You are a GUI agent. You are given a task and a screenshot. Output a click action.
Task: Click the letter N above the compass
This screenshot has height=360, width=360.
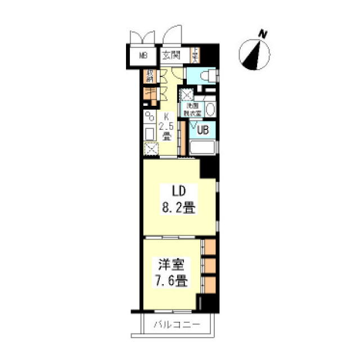(262, 34)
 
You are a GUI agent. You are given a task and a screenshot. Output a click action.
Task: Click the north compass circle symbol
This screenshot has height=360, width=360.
(254, 55)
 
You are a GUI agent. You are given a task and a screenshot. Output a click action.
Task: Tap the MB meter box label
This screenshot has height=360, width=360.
(143, 56)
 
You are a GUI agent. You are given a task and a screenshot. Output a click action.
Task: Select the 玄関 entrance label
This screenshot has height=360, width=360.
(171, 56)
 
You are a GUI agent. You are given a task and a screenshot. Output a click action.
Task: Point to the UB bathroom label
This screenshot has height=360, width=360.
(202, 129)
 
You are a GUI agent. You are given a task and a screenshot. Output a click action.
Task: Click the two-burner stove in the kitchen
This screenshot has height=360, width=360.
(150, 118)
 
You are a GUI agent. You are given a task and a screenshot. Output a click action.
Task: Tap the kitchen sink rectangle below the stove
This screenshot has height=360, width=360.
(150, 134)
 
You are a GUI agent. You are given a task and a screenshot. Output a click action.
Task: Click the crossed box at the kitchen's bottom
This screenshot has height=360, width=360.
(151, 150)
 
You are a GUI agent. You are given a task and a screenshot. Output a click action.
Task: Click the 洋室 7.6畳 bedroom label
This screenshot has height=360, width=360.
(171, 272)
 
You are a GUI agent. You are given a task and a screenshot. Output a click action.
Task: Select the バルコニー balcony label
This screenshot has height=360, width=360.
(175, 325)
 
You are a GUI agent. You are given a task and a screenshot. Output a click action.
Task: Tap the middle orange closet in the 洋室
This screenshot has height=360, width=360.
(209, 264)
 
